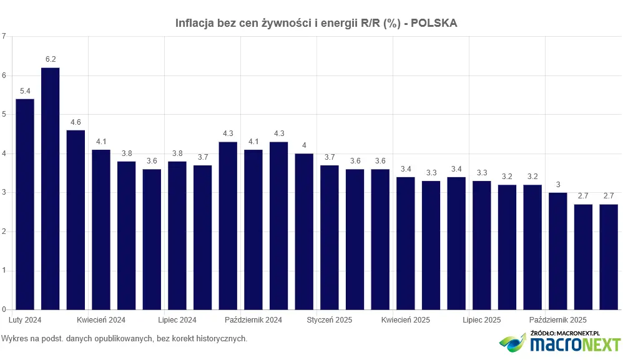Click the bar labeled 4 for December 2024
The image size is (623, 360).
tap(304, 231)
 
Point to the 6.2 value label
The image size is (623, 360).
tap(51, 59)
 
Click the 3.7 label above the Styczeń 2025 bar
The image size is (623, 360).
tap(330, 157)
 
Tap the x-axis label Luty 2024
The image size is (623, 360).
tap(26, 320)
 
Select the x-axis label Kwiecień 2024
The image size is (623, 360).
tap(101, 320)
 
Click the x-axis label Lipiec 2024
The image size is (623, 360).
tap(177, 320)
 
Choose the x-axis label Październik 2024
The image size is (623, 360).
tap(253, 320)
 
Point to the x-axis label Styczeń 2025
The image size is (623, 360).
tap(330, 320)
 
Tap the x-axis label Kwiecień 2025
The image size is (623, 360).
tap(406, 320)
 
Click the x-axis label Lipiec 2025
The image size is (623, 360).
tap(482, 320)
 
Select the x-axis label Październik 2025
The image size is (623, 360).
tap(558, 320)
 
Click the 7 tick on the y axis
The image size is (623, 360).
tap(4, 36)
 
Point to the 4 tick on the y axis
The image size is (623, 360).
tap(4, 153)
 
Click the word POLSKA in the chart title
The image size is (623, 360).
tap(435, 23)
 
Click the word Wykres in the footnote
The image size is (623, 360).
tap(14, 339)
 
